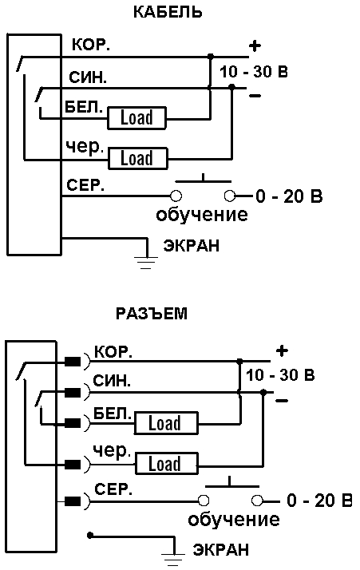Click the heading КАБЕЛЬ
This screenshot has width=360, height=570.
[x=168, y=12]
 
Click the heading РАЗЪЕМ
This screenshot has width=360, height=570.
[x=152, y=314]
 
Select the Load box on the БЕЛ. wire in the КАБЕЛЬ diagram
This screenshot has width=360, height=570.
[x=136, y=118]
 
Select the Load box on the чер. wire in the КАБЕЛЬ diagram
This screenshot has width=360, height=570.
[x=138, y=159]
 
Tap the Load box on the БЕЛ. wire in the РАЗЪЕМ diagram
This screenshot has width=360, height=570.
[x=166, y=423]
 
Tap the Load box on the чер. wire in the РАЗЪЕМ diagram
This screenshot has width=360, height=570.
[x=167, y=464]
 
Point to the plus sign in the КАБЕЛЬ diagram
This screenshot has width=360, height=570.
[x=255, y=46]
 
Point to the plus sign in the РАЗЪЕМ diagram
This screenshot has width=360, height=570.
[x=282, y=350]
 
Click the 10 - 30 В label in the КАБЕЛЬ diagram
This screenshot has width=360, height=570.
[x=254, y=72]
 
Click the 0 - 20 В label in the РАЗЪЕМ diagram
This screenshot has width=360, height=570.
[x=319, y=501]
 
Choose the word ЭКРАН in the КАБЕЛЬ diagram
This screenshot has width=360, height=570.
[x=192, y=246]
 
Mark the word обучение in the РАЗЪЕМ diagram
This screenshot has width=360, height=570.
[x=234, y=519]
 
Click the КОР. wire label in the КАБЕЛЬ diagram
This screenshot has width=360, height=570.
[x=91, y=45]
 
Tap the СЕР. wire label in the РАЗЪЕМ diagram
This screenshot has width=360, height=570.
[x=113, y=489]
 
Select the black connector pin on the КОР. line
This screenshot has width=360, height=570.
[x=73, y=362]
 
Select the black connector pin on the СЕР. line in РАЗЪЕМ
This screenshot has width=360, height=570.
[x=73, y=501]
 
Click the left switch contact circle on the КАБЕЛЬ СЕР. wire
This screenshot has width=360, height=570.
[x=176, y=196]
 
